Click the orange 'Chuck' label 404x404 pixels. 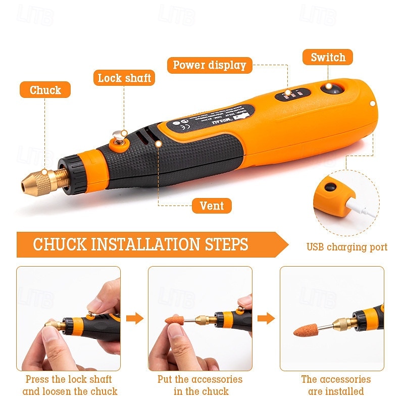point(45,90)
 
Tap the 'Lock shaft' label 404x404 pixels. point(124,78)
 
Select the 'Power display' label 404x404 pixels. point(209,65)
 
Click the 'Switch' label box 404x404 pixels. point(328,57)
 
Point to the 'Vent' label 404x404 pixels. point(212,206)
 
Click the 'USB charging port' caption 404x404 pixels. point(347,247)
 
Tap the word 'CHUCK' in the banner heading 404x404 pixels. point(61,244)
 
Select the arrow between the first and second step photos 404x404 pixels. point(134,318)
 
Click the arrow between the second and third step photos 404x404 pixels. point(266,318)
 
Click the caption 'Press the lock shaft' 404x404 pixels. point(69,379)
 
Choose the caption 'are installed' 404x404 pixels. point(336,391)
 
